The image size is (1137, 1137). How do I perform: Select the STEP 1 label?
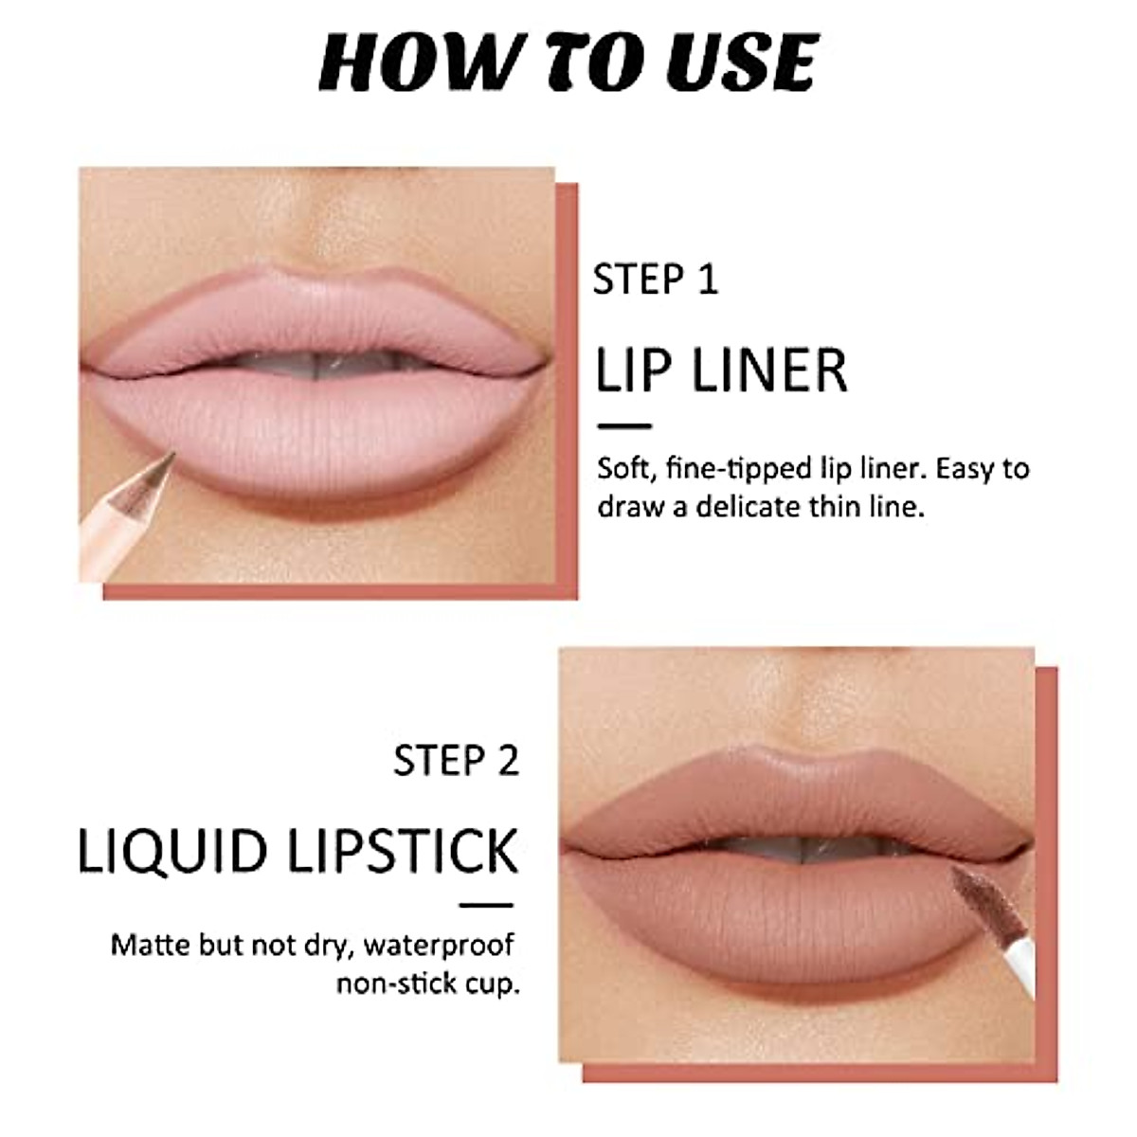[655, 280]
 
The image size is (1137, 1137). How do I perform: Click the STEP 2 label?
[457, 761]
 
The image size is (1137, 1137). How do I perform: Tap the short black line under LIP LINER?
[624, 427]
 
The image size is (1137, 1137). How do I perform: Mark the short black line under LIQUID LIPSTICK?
[486, 906]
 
